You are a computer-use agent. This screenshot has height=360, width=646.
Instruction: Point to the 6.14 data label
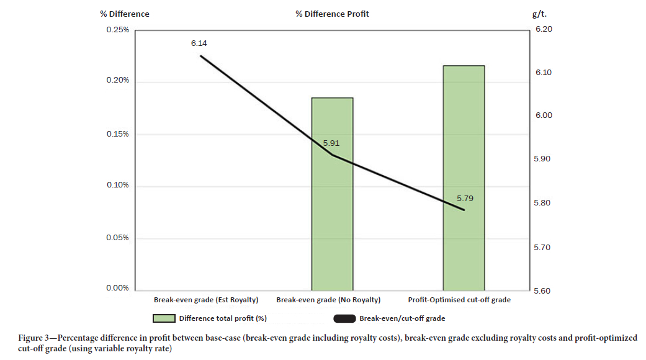pos(199,43)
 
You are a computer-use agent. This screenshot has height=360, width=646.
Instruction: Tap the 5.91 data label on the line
pos(331,143)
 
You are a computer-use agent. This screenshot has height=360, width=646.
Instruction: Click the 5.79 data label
pos(465,198)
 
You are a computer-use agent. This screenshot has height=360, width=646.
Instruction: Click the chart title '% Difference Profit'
pos(332,14)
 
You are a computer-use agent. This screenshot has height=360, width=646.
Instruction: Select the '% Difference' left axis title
pos(125,14)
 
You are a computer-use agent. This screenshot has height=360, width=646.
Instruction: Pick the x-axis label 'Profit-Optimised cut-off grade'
pos(464,300)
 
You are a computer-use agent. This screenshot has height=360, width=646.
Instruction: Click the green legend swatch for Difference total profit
pos(163,318)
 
